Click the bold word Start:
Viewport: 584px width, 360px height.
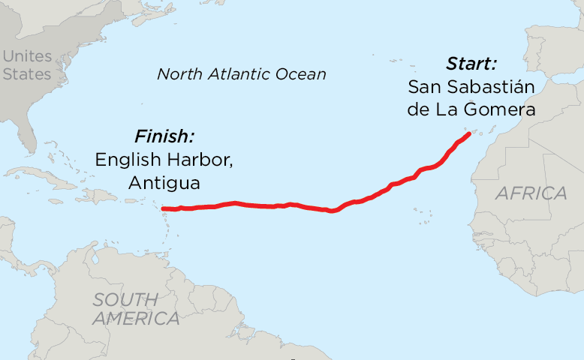[471, 63]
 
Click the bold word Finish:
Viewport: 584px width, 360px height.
[164, 136]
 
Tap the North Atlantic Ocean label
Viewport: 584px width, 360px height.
[241, 74]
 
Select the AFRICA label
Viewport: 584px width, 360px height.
[531, 193]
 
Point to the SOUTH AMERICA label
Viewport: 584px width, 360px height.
[136, 309]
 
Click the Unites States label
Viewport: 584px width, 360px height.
[27, 65]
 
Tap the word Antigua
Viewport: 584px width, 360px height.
[164, 183]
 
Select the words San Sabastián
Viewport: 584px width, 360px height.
[471, 86]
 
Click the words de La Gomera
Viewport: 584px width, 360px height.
[471, 109]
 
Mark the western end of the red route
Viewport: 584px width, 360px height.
[163, 208]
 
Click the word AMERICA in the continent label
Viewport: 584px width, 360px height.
[136, 319]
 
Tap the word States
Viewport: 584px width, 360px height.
[27, 73]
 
